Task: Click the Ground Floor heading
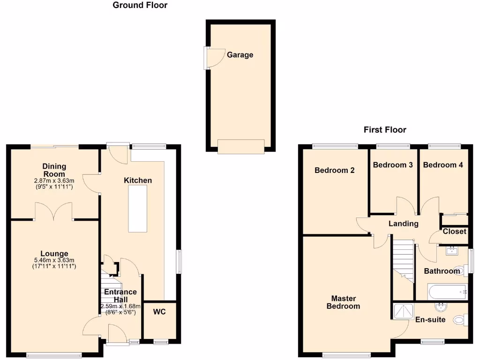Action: (140, 6)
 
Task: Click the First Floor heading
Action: (385, 130)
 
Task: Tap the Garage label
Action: (240, 55)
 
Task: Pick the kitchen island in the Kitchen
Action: (138, 209)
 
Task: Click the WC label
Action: (159, 311)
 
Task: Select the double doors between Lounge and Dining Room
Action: (54, 212)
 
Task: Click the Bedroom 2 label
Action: (334, 171)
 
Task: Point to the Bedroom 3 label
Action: (393, 165)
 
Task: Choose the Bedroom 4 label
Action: (443, 165)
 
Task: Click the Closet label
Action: (455, 232)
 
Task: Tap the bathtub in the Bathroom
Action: (447, 292)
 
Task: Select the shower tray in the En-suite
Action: (403, 311)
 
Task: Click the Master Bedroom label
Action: (343, 302)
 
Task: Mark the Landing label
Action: (403, 224)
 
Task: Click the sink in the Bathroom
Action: (453, 250)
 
